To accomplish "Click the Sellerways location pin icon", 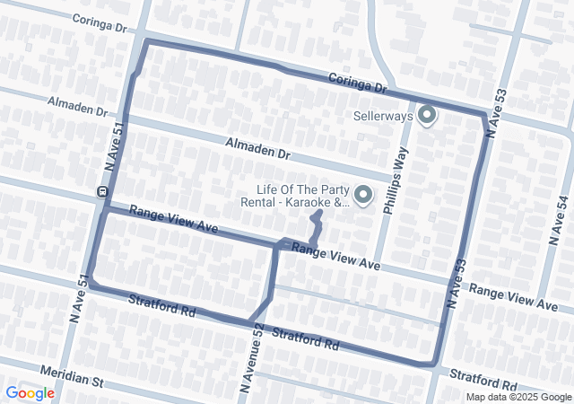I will [427, 115].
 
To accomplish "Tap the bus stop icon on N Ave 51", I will [102, 191].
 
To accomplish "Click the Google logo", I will [30, 393].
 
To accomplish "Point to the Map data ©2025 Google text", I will [517, 397].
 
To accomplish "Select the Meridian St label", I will [71, 375].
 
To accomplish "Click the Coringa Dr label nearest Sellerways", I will [356, 83].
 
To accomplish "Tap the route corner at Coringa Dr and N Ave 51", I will [146, 41].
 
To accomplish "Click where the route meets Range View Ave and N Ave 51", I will [105, 211].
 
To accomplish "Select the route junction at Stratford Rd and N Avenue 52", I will [251, 321].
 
